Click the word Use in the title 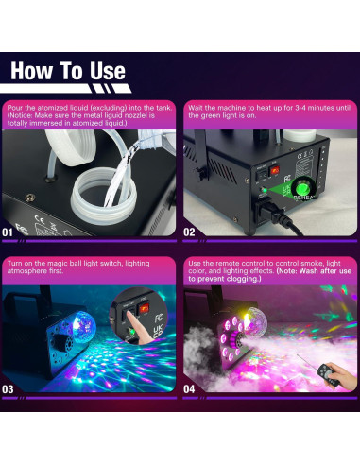tap(108, 71)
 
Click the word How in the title tap(31, 71)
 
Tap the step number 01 tap(8, 232)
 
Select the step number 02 tap(189, 232)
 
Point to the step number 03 tap(8, 389)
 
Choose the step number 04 tap(189, 389)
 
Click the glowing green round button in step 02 tap(303, 189)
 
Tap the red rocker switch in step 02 tap(274, 171)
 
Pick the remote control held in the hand tap(328, 374)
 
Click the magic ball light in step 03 tap(84, 326)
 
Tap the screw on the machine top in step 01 tap(29, 198)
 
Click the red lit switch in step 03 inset tap(145, 308)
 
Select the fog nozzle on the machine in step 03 tap(60, 343)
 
